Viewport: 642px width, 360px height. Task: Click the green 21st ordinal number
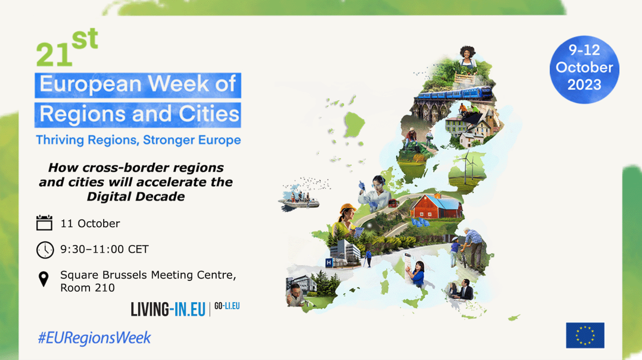click(x=67, y=49)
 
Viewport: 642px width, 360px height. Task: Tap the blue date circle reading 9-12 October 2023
click(x=584, y=69)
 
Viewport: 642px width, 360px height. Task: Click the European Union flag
click(x=585, y=335)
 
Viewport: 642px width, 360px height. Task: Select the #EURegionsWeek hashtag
click(x=94, y=338)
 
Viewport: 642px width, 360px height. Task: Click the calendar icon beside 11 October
click(x=44, y=223)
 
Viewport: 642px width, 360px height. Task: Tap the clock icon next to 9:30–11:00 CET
click(x=44, y=249)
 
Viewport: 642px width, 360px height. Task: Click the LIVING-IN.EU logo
click(x=168, y=309)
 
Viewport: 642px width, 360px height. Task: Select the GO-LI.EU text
click(x=228, y=306)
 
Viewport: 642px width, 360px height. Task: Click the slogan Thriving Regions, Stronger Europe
click(x=138, y=140)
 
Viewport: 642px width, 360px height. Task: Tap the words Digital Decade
click(x=136, y=196)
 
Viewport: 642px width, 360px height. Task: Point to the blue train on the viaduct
click(x=454, y=93)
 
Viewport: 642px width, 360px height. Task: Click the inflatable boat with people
click(x=298, y=201)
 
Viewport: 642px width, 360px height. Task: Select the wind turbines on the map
click(x=467, y=165)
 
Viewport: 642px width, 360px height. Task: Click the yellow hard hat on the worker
click(x=347, y=208)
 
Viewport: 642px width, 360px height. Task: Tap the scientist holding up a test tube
click(x=373, y=193)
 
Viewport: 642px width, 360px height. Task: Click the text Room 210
click(x=87, y=287)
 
